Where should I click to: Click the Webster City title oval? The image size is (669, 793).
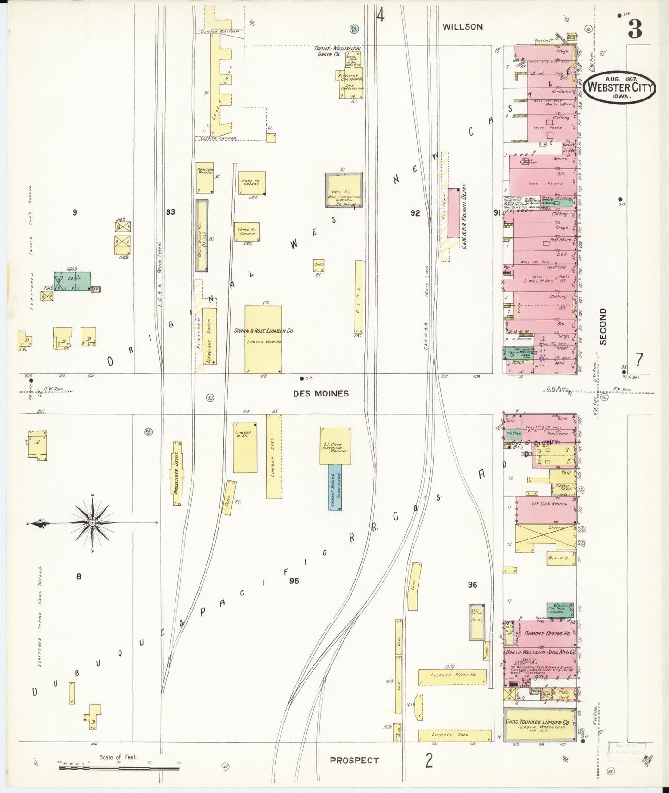click(619, 87)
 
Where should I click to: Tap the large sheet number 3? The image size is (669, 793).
click(635, 30)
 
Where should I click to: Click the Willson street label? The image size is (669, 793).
click(462, 27)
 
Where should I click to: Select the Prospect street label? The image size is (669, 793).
click(354, 760)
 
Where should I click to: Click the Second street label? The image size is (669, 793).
click(602, 327)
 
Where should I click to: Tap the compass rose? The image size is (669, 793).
click(92, 523)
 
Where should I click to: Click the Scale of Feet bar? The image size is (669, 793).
click(119, 768)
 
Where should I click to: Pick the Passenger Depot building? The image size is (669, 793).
click(176, 473)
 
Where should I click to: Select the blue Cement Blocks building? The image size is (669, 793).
click(335, 487)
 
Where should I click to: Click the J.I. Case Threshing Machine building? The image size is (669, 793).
click(335, 445)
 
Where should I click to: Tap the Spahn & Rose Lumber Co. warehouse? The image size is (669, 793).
click(263, 340)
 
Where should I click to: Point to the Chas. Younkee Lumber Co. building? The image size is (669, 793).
click(540, 725)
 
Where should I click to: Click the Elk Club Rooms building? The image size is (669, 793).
click(546, 509)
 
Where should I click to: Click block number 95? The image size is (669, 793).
click(294, 581)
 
